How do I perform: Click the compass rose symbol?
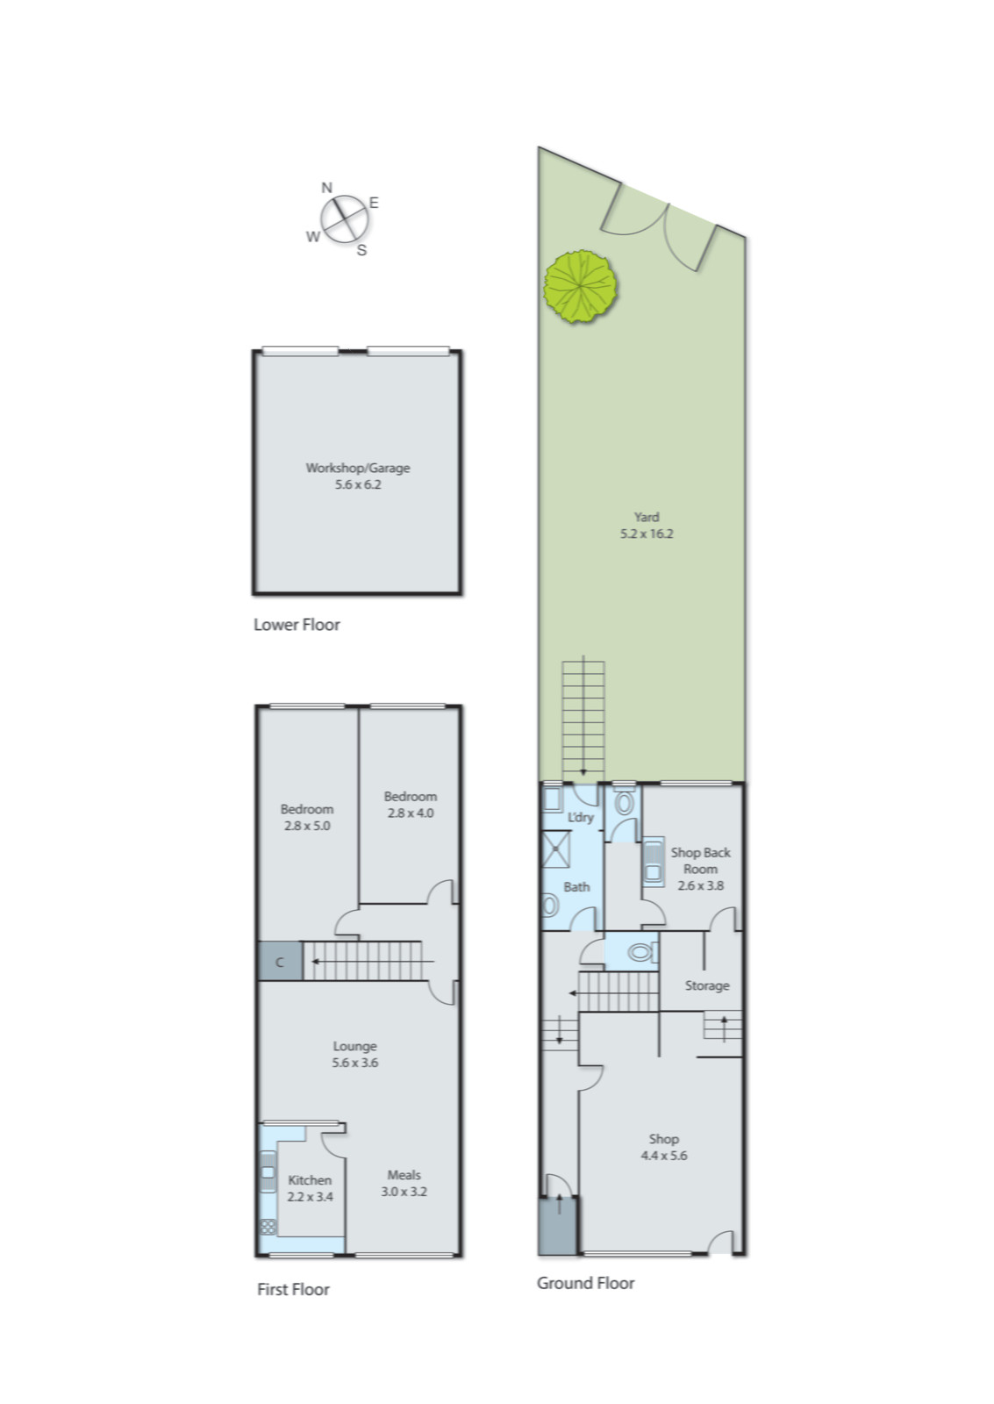click(x=343, y=218)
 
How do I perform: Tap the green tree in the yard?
click(x=580, y=286)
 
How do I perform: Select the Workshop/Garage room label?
click(x=357, y=468)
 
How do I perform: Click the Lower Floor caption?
click(x=297, y=625)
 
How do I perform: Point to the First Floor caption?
click(x=293, y=1289)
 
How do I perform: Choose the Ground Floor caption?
click(x=585, y=1283)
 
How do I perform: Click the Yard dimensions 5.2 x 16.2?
click(x=647, y=534)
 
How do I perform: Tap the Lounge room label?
click(x=354, y=1046)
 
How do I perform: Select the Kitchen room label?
click(x=310, y=1180)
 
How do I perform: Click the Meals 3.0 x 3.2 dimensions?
click(x=404, y=1192)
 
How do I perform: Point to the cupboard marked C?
click(x=280, y=962)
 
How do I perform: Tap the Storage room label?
click(x=706, y=985)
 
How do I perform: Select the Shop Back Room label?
click(x=700, y=860)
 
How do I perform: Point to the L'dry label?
click(x=580, y=817)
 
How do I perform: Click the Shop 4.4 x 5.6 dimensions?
click(x=663, y=1156)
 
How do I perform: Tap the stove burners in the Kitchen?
click(x=268, y=1226)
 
